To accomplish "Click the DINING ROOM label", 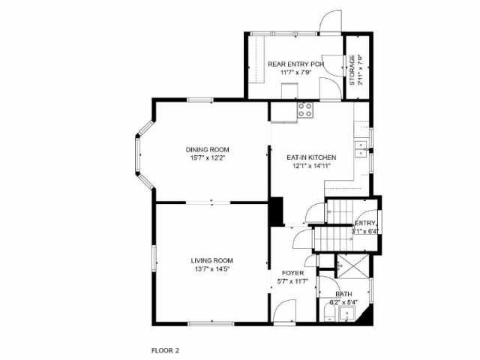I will (208, 149).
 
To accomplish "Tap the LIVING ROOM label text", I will (211, 260).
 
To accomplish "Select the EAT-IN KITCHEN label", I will (311, 157).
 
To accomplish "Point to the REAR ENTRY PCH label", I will (295, 64).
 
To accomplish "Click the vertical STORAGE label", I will (352, 69).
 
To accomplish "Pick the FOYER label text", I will (292, 273).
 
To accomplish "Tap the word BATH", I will (343, 294).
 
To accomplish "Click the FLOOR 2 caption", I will (165, 349).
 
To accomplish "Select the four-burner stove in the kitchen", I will (305, 111).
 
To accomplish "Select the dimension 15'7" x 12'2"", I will (208, 157).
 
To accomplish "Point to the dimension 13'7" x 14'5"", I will (211, 268).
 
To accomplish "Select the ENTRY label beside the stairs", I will (364, 223).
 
